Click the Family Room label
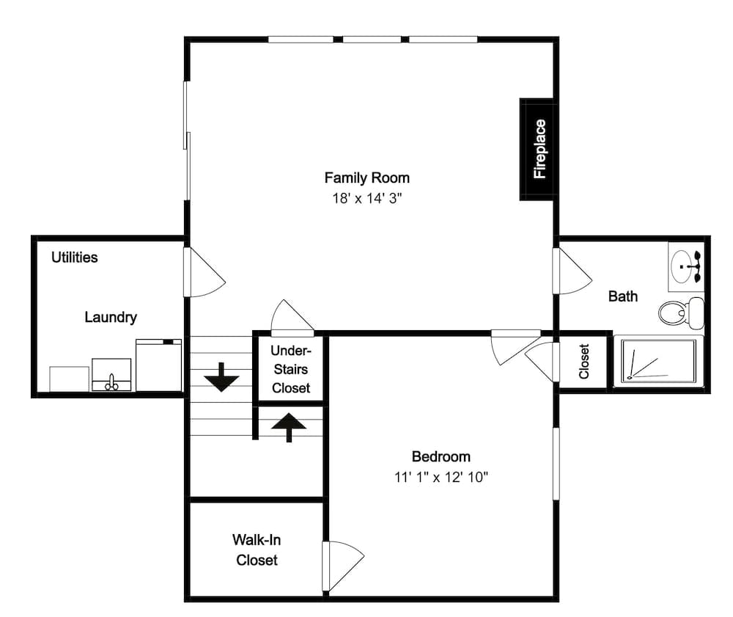[x=366, y=178]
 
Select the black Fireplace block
[x=539, y=149]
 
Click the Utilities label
[x=74, y=258]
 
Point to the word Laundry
[x=111, y=318]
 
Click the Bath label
[x=623, y=296]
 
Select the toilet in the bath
[x=680, y=313]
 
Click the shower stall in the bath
[x=658, y=361]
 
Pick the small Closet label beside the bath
[x=584, y=362]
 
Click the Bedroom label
[x=441, y=456]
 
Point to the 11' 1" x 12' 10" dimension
[x=441, y=477]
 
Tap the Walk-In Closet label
[x=257, y=550]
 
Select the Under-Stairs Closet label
[x=291, y=369]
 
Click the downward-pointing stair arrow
[x=221, y=378]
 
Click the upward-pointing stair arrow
[x=290, y=426]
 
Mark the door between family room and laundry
[x=204, y=272]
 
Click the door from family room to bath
[x=572, y=271]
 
